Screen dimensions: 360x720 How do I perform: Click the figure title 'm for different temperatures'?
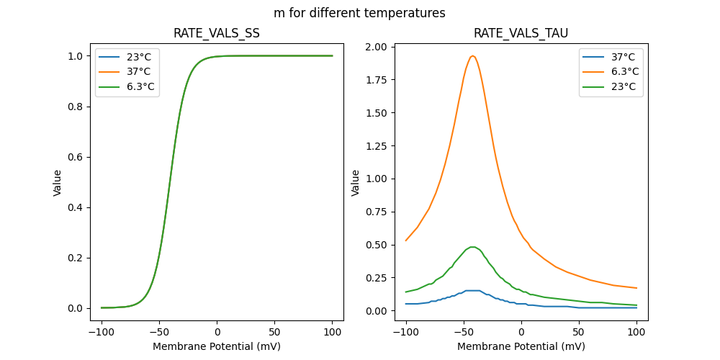(x=359, y=13)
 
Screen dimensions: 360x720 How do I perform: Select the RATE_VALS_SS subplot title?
(x=217, y=33)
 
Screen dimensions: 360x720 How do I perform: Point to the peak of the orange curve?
(x=472, y=55)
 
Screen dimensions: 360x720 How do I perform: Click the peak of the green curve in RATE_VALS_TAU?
(x=472, y=247)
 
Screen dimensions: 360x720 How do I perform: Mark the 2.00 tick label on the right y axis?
(x=375, y=47)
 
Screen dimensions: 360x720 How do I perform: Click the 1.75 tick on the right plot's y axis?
(x=375, y=80)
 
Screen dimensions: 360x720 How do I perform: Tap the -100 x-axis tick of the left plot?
(x=102, y=332)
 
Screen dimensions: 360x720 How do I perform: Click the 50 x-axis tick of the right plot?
(x=579, y=332)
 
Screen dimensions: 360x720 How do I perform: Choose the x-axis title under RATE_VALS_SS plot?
(x=217, y=346)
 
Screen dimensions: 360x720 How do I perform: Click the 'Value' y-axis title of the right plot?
(x=355, y=183)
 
